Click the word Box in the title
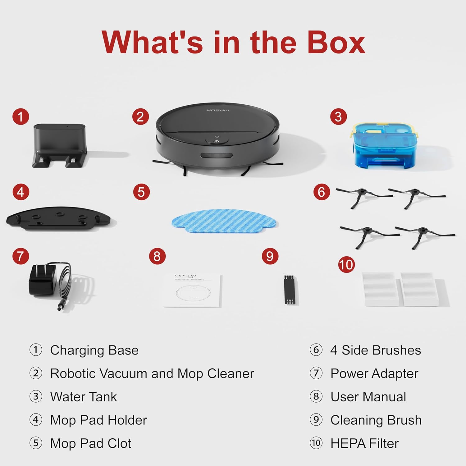click(x=336, y=43)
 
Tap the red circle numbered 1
click(x=21, y=117)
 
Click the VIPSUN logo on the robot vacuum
click(x=218, y=110)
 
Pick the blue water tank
click(x=384, y=145)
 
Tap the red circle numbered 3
click(x=338, y=117)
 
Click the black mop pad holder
click(x=58, y=219)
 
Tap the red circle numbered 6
click(x=321, y=192)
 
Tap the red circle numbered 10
click(x=346, y=265)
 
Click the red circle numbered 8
click(x=157, y=256)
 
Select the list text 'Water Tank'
click(x=84, y=397)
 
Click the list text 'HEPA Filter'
click(x=364, y=443)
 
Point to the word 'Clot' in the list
click(x=119, y=443)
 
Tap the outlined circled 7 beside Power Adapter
click(x=316, y=373)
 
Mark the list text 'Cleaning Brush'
click(x=376, y=420)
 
